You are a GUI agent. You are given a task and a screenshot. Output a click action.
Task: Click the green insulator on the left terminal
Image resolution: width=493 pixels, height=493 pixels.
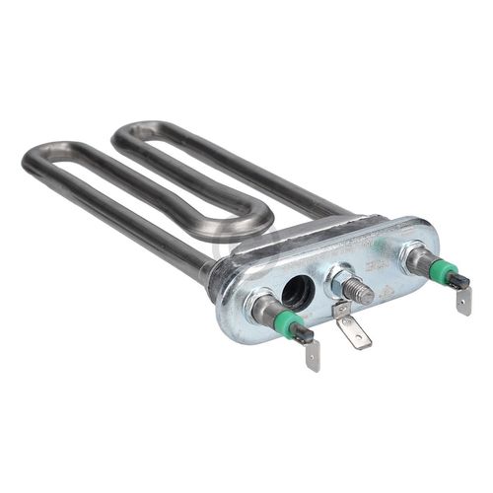coord(292,325)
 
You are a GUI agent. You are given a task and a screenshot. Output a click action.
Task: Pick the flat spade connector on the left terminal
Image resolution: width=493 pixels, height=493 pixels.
coord(312,355)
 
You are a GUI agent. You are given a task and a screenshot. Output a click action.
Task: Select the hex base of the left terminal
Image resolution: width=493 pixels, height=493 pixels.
coord(264,309)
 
